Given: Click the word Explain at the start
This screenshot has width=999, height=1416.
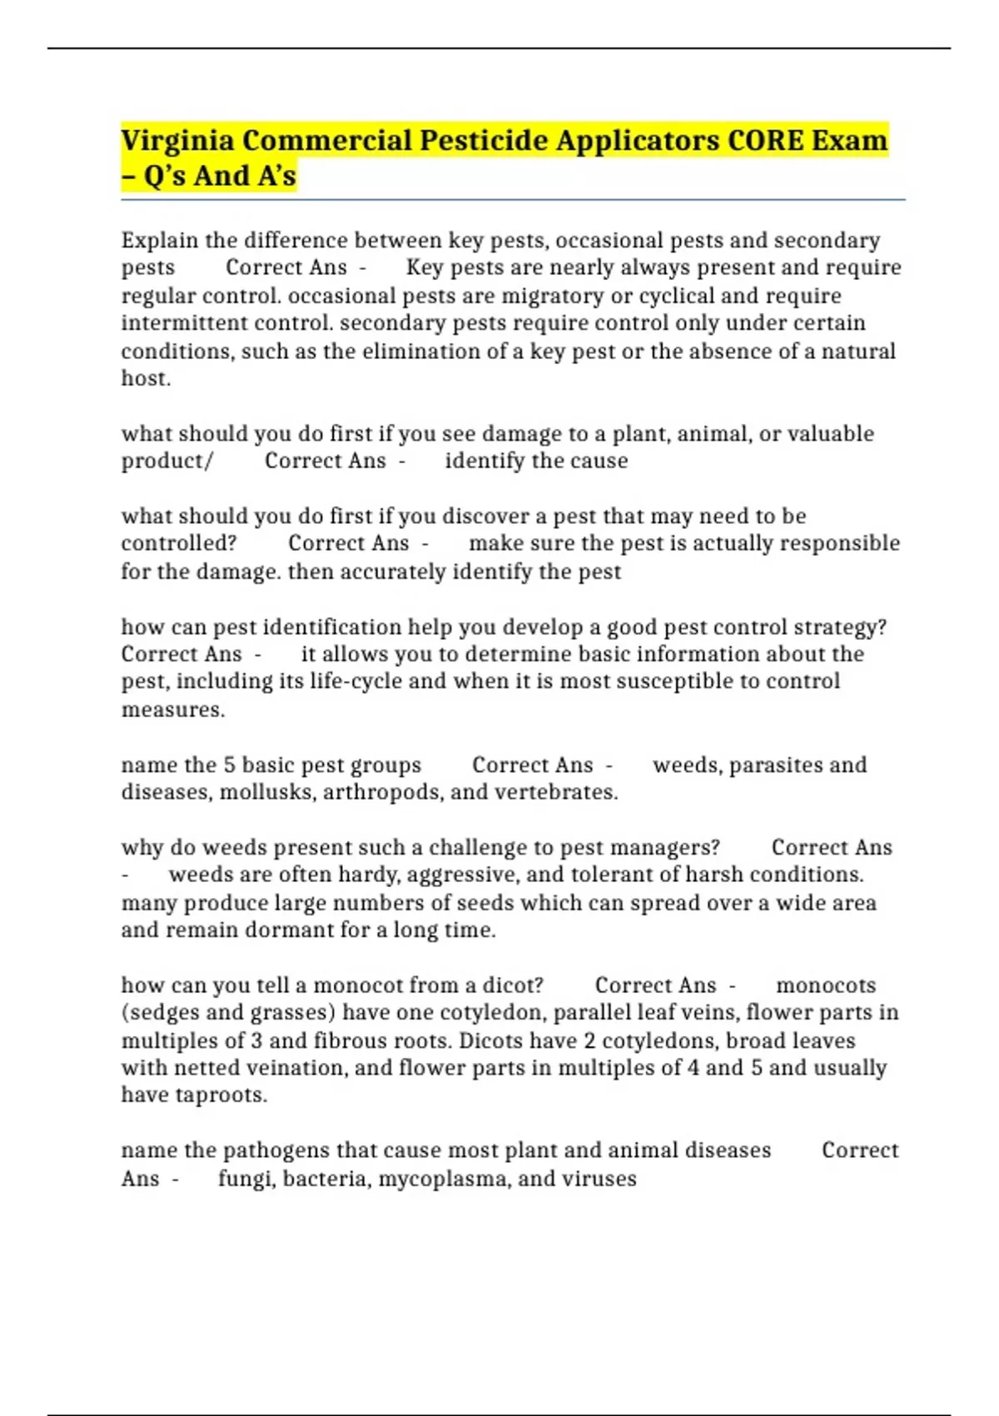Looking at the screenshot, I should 159,241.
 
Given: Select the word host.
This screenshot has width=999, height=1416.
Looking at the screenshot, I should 146,379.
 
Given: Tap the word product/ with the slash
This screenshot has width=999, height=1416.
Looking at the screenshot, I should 167,461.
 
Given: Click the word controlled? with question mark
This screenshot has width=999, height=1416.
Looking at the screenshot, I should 178,544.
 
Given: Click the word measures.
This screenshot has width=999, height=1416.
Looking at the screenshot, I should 172,710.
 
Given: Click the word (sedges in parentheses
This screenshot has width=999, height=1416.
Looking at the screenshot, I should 160,1013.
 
